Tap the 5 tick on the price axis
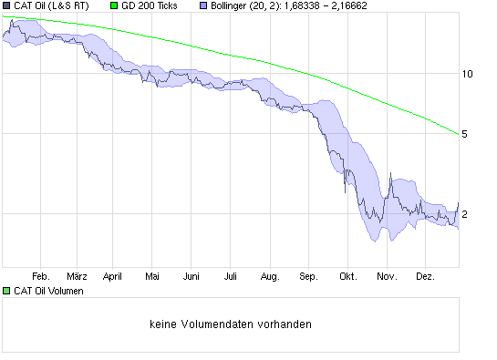[466, 134]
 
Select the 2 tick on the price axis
[466, 214]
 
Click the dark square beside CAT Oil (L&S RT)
[6, 5]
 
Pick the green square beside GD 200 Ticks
[114, 5]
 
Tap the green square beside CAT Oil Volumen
[6, 291]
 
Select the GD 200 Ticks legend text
[150, 5]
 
